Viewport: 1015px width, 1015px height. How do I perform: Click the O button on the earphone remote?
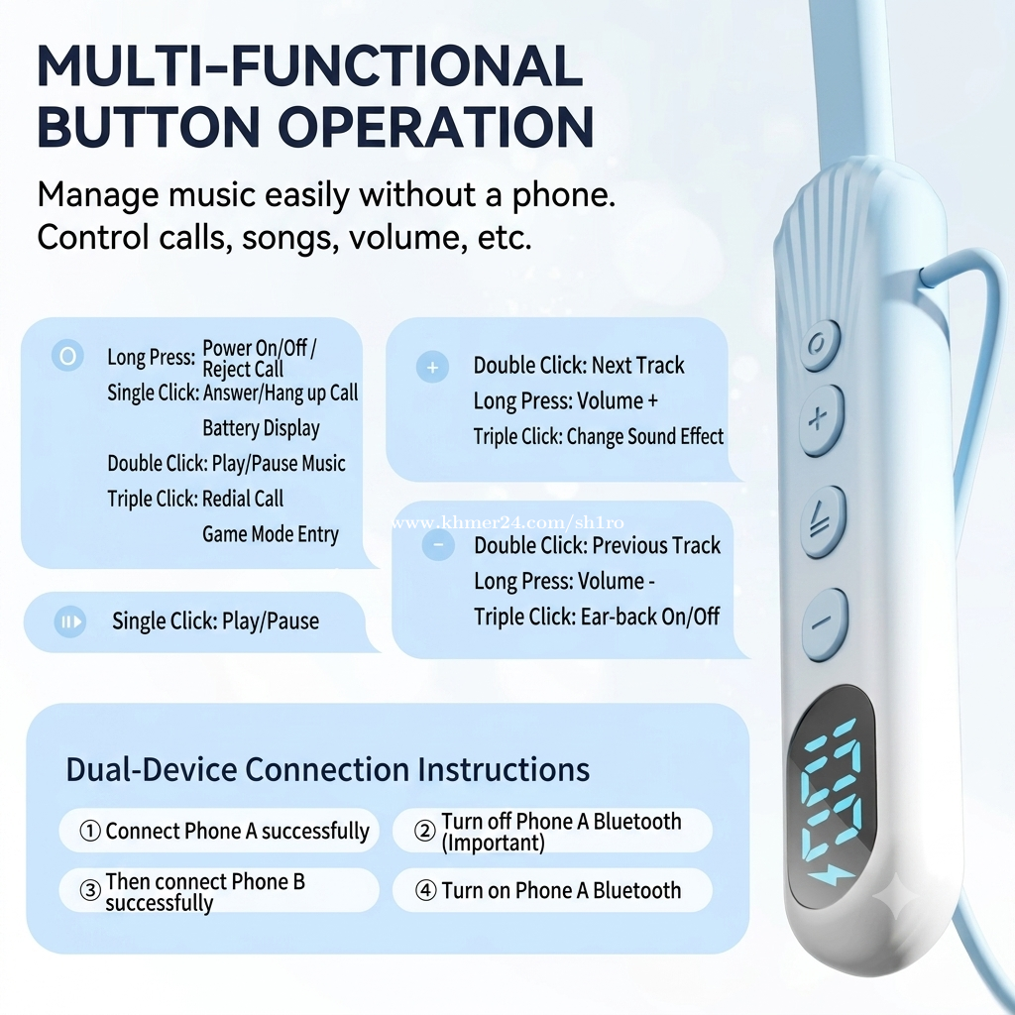820,344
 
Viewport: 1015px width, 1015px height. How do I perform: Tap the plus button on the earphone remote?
822,419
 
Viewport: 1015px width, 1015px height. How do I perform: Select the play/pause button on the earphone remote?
823,521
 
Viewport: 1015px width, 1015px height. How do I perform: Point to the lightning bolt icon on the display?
831,876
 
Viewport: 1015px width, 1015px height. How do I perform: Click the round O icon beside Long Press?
68,356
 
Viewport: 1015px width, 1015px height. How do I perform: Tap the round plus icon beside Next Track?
432,367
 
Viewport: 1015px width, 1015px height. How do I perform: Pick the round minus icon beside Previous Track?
438,544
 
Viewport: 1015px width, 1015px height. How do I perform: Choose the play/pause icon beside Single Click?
70,621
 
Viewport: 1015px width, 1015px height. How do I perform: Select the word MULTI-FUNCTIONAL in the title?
310,65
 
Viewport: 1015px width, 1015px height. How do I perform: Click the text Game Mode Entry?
271,534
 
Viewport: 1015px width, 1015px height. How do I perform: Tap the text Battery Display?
261,428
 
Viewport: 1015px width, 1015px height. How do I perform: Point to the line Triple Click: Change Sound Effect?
598,436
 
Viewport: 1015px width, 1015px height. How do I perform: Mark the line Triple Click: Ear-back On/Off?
596,617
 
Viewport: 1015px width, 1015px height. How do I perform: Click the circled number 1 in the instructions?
90,831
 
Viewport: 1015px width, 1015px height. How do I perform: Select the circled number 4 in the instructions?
425,890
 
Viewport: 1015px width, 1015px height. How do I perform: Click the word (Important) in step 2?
493,843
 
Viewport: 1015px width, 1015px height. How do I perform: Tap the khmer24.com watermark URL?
507,521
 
